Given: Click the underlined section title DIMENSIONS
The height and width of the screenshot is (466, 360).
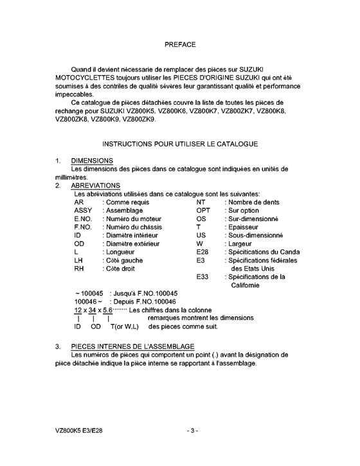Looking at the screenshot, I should pyautogui.click(x=92, y=160).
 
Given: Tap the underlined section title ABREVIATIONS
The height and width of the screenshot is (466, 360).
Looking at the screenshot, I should pyautogui.click(x=96, y=185).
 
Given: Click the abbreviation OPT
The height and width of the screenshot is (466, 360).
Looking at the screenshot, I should pyautogui.click(x=203, y=210).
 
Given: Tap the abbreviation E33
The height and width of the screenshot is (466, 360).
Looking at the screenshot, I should pyautogui.click(x=203, y=277).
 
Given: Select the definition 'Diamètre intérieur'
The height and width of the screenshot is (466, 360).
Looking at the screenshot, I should pyautogui.click(x=130, y=235).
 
